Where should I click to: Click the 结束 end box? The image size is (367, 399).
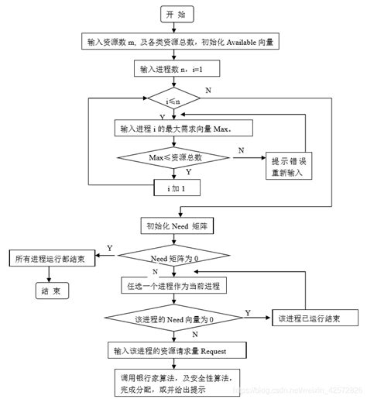coord(52,291)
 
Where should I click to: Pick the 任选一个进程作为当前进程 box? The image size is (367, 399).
coord(174,286)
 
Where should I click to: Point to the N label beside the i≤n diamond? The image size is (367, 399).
coord(208,91)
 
